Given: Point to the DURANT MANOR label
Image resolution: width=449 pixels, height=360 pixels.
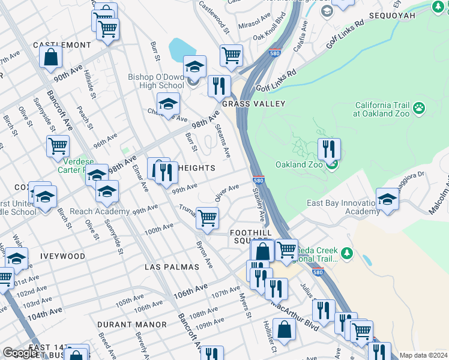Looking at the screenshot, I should (x=132, y=325).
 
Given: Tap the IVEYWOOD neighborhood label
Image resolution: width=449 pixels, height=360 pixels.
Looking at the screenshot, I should (x=62, y=256).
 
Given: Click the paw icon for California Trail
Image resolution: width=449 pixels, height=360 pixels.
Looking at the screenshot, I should (x=419, y=108).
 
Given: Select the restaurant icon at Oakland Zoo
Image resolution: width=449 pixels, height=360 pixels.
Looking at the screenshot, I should (x=328, y=150).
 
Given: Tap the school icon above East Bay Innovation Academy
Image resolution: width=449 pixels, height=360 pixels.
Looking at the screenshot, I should (x=387, y=200).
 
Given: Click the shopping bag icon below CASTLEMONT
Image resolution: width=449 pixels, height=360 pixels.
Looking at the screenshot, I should (x=51, y=57).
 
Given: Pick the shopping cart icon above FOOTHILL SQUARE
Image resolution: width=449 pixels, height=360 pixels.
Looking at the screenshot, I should (x=207, y=218).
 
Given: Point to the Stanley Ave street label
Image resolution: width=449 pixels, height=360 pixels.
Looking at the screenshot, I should (x=259, y=204).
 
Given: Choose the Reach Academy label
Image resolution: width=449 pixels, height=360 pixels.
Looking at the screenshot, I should (x=100, y=212).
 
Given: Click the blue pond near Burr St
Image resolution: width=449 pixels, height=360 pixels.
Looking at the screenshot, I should (x=179, y=48).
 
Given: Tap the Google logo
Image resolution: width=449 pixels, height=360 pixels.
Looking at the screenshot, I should (x=20, y=353).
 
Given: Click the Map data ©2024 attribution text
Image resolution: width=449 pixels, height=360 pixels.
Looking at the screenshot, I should (x=423, y=355).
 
